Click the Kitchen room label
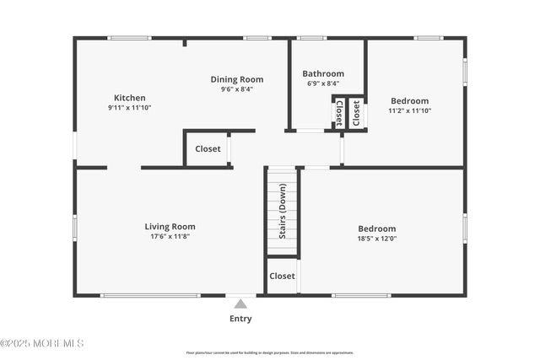point(130,98)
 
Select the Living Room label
point(170,226)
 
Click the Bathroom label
point(323,73)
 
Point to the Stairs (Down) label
point(283,212)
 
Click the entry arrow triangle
point(240,304)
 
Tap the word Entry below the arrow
point(240,319)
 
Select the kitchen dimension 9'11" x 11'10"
point(129,108)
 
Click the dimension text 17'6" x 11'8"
point(170,236)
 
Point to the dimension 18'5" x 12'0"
point(376,239)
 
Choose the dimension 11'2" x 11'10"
point(409,110)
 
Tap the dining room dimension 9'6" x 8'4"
point(237,89)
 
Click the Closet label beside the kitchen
point(208,149)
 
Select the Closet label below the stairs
point(282,276)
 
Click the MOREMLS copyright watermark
point(42,343)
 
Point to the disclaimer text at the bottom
point(270,352)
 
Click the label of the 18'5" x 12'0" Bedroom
point(376,228)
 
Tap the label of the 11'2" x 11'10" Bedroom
point(409,100)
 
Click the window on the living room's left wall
point(75,225)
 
